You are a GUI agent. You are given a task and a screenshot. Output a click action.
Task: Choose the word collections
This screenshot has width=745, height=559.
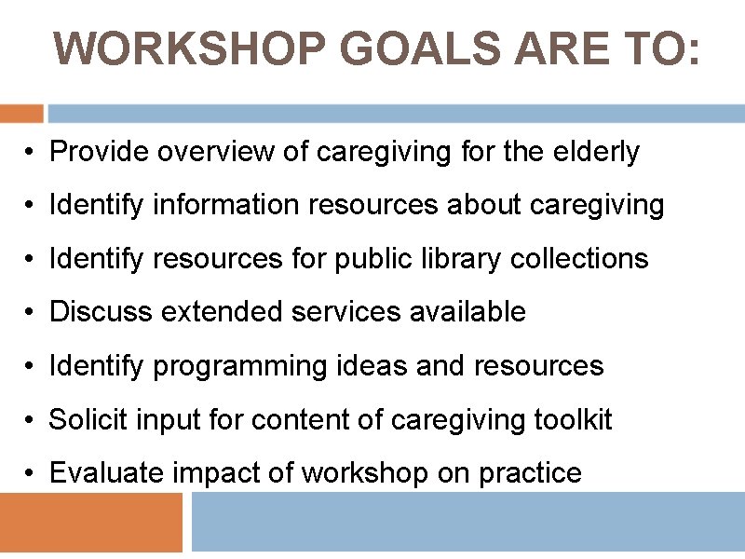coord(579,258)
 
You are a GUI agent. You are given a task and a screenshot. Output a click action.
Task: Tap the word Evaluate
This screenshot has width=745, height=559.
coord(106,473)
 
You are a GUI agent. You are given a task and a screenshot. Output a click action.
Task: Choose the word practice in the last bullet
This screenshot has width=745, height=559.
coord(530,474)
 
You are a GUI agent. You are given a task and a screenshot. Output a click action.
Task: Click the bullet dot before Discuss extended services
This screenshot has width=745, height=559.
coord(31,313)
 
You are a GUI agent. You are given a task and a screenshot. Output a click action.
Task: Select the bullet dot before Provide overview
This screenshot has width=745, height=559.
coord(31,152)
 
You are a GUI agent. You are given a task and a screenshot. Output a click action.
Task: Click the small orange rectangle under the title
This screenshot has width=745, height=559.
coord(21,114)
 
